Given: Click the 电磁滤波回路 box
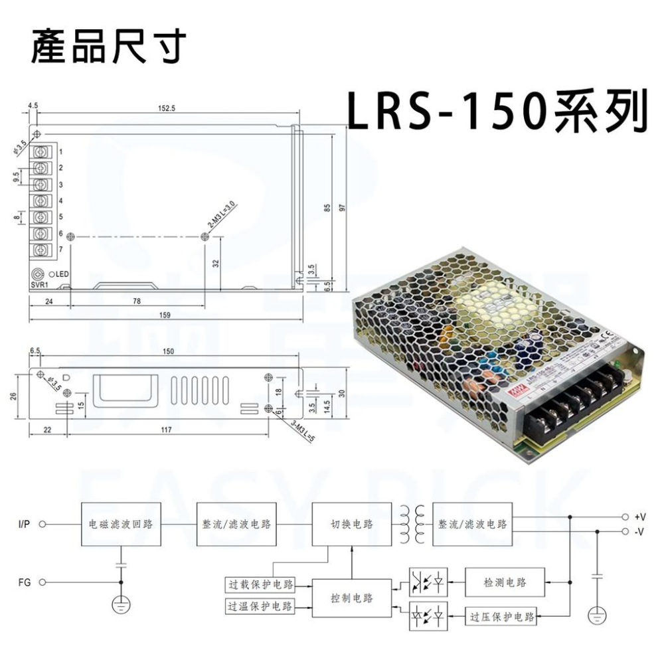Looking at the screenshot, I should click(x=120, y=524).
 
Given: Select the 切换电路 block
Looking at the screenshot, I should click(x=352, y=524).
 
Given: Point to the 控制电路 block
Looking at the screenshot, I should click(x=352, y=598).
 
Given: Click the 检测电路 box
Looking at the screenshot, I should click(x=505, y=582).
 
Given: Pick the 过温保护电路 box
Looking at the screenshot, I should click(x=260, y=606).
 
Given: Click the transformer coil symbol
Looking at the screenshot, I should click(x=412, y=524).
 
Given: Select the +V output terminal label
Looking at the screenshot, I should click(x=640, y=517).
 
